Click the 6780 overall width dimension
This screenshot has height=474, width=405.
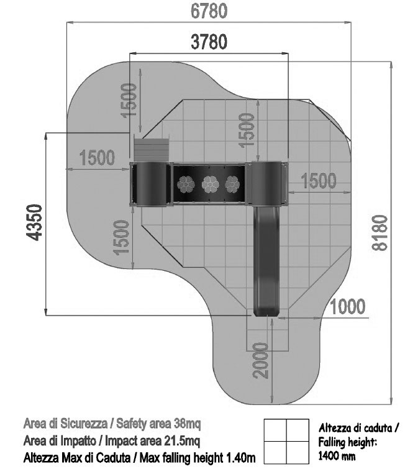coord(209,11)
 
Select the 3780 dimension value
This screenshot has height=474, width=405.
coord(209,42)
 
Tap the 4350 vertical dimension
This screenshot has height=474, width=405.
coord(34,222)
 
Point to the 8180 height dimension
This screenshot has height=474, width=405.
coord(380,232)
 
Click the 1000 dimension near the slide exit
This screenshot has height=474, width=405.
coord(347,306)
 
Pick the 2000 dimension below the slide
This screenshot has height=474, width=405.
coord(260,360)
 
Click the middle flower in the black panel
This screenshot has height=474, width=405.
coord(210,185)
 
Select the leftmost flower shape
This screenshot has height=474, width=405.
coord(186,185)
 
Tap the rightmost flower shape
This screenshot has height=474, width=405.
coord(232,185)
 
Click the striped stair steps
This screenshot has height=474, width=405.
coord(151,150)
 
